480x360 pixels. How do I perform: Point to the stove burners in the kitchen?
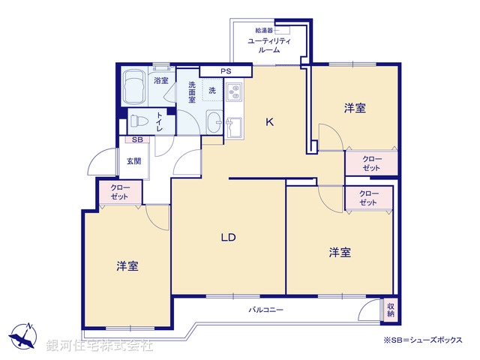pyautogui.click(x=233, y=92)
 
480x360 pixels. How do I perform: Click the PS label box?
pyautogui.click(x=226, y=72)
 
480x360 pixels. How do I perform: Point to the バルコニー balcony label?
pyautogui.click(x=266, y=309)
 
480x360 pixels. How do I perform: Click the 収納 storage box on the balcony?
pyautogui.click(x=390, y=308)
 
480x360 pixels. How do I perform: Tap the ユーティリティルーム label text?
pyautogui.click(x=269, y=45)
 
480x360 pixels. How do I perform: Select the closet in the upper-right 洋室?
pyautogui.click(x=372, y=163)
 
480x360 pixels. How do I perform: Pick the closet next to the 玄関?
pyautogui.click(x=119, y=192)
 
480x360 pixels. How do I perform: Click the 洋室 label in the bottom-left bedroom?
pyautogui.click(x=127, y=265)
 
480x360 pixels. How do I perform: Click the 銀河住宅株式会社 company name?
pyautogui.click(x=99, y=346)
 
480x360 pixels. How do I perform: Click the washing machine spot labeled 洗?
pyautogui.click(x=212, y=91)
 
